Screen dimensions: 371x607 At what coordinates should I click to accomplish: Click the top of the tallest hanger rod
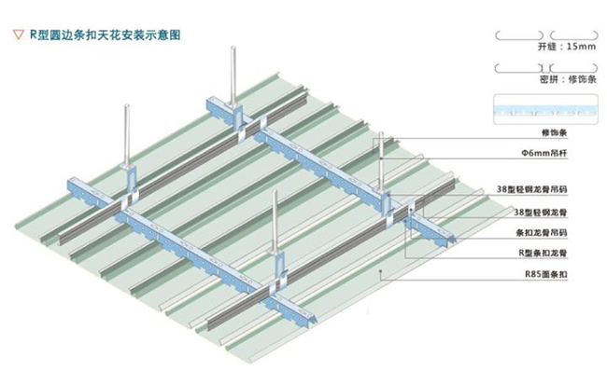pos(230,47)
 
